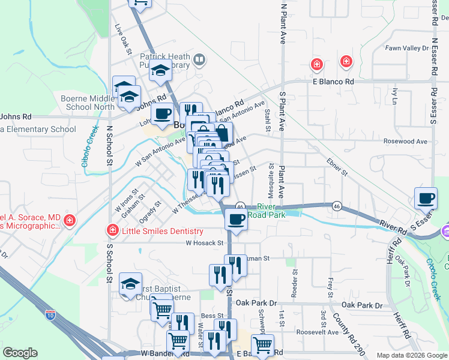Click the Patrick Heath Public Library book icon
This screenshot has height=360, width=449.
click(199, 60)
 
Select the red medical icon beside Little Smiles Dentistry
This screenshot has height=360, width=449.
click(112, 230)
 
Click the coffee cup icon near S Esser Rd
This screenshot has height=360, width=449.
click(426, 198)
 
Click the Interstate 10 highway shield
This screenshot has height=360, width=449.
click(51, 313)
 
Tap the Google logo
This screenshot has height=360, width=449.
click(20, 353)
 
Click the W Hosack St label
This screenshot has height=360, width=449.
click(205, 244)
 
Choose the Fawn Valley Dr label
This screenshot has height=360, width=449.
click(406, 48)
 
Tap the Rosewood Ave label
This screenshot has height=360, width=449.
click(405, 142)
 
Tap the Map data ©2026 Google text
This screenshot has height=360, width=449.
click(411, 355)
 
